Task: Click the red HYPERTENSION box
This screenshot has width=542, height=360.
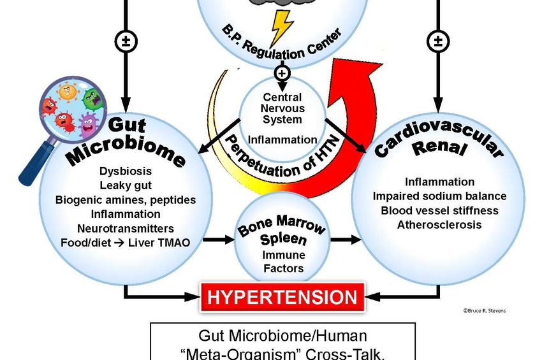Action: tap(282, 297)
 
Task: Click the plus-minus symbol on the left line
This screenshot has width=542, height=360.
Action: tap(126, 42)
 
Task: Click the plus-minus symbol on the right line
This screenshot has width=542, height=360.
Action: tap(437, 42)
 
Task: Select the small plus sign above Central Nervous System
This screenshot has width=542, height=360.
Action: tap(282, 73)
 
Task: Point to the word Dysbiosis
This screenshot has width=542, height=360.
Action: tap(125, 171)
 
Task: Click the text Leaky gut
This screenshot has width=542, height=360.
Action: tap(125, 185)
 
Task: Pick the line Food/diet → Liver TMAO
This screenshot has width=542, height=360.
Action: tap(125, 243)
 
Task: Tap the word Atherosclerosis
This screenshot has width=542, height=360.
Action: tap(439, 225)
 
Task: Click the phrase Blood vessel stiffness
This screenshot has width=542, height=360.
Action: tap(439, 210)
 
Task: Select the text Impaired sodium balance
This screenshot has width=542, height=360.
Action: tap(439, 196)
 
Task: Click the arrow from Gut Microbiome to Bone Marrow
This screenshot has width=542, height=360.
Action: tap(221, 240)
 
